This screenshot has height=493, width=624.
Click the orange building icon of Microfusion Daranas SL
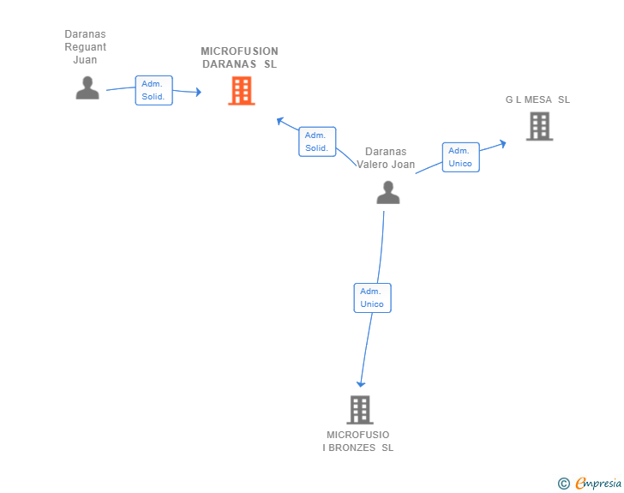[242, 90]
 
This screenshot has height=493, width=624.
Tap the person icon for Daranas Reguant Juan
[87, 87]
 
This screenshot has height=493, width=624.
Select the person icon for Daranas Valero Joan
[388, 192]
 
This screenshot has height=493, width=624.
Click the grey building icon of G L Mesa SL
[539, 126]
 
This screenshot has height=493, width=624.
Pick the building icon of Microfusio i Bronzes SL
[359, 410]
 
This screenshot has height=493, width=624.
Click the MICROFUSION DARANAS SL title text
[240, 57]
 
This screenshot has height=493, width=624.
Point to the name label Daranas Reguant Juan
[85, 47]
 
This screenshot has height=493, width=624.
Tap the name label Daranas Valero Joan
[386, 158]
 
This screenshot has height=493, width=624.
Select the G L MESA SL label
[537, 99]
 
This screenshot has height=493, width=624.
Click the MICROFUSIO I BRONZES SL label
[358, 441]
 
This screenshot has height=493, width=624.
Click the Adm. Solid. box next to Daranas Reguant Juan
[154, 90]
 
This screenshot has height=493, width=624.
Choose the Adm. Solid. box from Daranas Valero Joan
[317, 141]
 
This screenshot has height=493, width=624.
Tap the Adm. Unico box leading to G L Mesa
[460, 157]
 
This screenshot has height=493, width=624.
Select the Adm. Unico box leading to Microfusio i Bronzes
[372, 298]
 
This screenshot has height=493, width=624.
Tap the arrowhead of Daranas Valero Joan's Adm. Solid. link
[279, 121]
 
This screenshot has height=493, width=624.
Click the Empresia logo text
[598, 483]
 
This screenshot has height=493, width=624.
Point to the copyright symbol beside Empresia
[563, 484]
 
